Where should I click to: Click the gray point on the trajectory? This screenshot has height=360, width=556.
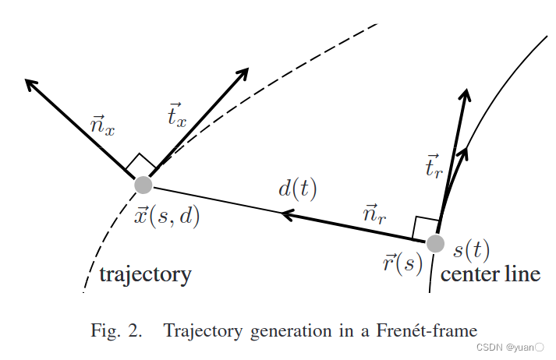[x=143, y=185]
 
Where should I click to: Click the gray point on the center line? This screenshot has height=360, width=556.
[x=434, y=243]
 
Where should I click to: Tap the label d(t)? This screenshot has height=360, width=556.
[x=298, y=189]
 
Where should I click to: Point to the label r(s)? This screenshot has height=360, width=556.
[x=402, y=263]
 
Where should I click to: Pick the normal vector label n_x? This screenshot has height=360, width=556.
[x=102, y=126]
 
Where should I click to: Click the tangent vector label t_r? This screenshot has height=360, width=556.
[x=435, y=168]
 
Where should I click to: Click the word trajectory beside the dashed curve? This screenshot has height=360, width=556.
[x=145, y=274]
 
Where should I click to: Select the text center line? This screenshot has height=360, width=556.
[x=490, y=274]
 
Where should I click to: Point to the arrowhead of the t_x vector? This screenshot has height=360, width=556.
[x=243, y=73]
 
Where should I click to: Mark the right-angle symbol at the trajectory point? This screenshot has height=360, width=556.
[x=141, y=163]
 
